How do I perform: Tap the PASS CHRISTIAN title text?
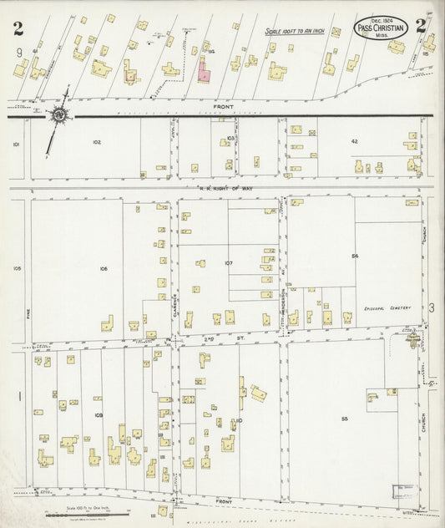tap(382, 28)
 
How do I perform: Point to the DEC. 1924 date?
tap(381, 19)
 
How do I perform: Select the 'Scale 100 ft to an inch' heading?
tap(294, 32)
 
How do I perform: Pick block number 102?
tap(96, 142)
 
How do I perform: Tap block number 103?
tap(230, 137)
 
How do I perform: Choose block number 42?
tap(354, 141)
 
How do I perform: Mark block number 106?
tap(103, 268)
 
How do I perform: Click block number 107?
tap(228, 263)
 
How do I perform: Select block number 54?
tap(355, 254)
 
